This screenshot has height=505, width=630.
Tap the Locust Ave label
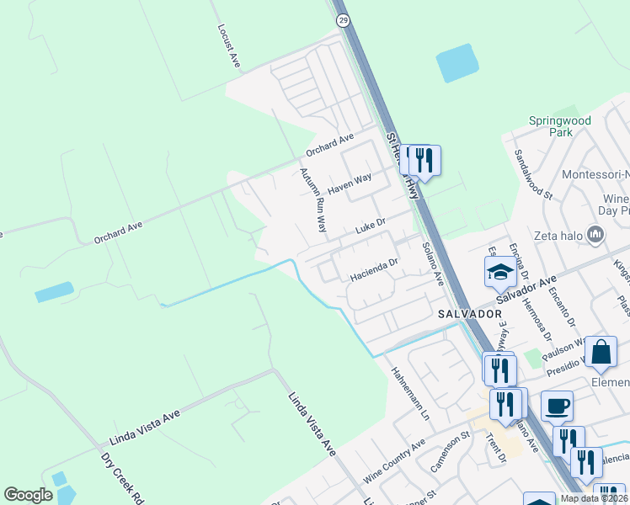tap(224, 45)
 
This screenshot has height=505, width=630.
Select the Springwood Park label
tap(559, 126)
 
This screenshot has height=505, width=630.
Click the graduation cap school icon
tap(499, 273)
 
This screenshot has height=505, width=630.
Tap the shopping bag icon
tap(601, 353)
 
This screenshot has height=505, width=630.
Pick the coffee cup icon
tap(557, 407)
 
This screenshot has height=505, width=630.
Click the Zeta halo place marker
tap(596, 234)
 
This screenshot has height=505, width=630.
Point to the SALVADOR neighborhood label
tap(470, 313)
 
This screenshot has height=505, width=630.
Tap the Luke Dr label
tap(370, 227)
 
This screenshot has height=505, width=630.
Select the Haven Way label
tap(350, 183)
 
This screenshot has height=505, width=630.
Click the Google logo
tap(29, 495)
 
